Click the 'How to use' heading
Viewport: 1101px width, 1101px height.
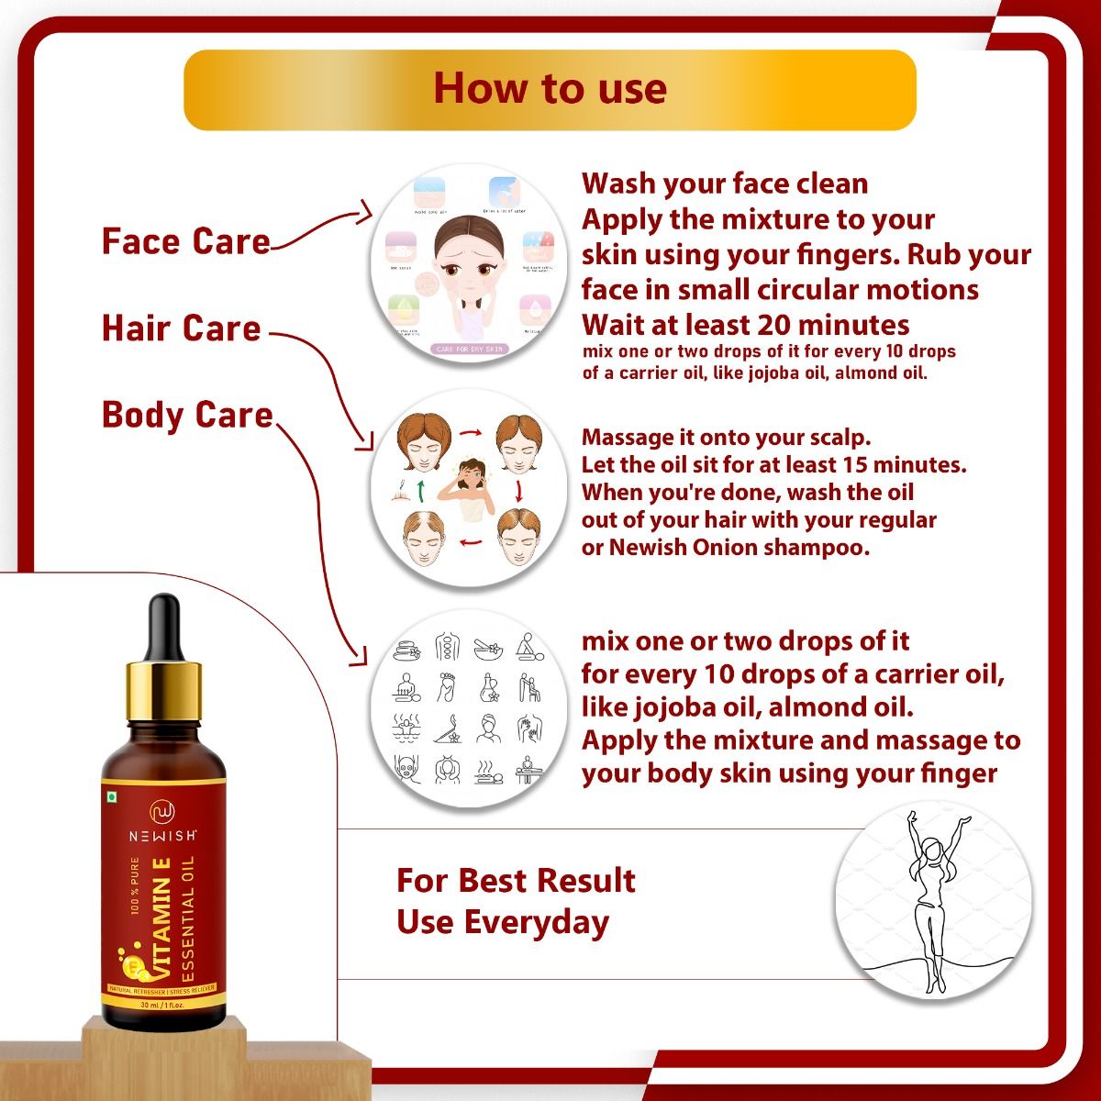tap(550, 89)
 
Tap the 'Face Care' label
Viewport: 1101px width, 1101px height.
tap(186, 241)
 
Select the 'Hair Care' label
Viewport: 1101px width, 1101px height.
tap(182, 328)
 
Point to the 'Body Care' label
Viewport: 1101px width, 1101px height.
tap(187, 415)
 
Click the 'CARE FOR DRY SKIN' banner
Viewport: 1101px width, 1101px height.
tap(468, 349)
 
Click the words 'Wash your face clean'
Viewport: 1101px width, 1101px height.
tap(725, 183)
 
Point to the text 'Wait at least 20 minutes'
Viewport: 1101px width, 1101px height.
tap(745, 325)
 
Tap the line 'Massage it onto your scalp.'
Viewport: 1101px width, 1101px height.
tap(726, 437)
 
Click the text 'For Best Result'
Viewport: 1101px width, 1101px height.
tap(516, 880)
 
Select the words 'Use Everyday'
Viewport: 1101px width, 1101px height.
tap(503, 922)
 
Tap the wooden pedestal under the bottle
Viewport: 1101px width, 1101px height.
tap(164, 1055)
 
